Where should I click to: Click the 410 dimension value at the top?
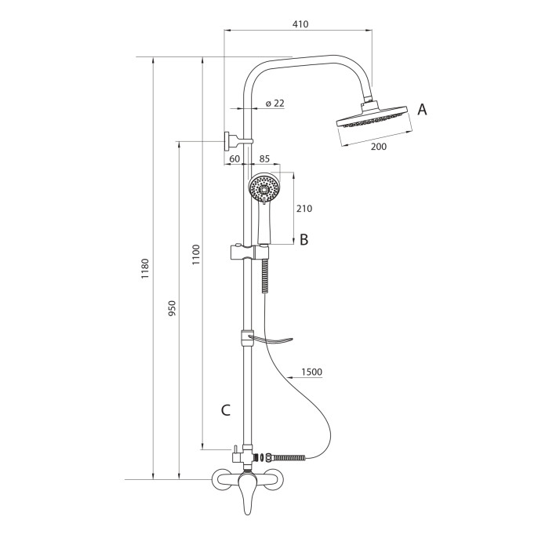[x=300, y=24]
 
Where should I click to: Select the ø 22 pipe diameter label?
[x=274, y=104]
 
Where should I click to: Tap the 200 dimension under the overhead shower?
[x=379, y=147]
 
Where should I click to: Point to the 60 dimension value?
[x=235, y=158]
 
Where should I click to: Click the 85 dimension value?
[x=265, y=158]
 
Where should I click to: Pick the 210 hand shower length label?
[x=304, y=209]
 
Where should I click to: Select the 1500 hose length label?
[x=311, y=372]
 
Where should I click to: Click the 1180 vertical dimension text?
[x=145, y=268]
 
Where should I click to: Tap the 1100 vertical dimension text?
[x=196, y=255]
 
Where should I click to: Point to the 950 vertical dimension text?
[x=173, y=308]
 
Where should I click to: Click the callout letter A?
[x=422, y=110]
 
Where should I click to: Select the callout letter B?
[x=304, y=240]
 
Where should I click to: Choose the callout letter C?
[x=226, y=410]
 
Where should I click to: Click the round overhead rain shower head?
[x=372, y=118]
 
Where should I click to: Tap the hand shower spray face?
[x=263, y=189]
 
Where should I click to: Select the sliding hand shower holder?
[x=249, y=252]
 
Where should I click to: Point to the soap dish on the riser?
[x=270, y=340]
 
